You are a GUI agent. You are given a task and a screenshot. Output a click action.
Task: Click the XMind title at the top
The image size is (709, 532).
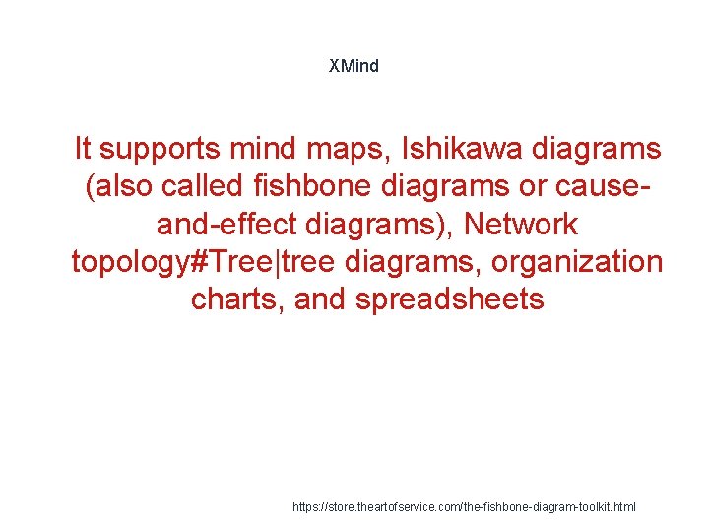[x=354, y=66]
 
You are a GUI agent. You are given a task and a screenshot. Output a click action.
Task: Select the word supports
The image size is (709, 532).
[x=161, y=150]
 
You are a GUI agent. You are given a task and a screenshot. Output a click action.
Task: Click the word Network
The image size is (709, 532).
[x=521, y=225]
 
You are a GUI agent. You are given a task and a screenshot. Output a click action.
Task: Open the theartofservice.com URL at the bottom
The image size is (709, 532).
[x=465, y=506]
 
